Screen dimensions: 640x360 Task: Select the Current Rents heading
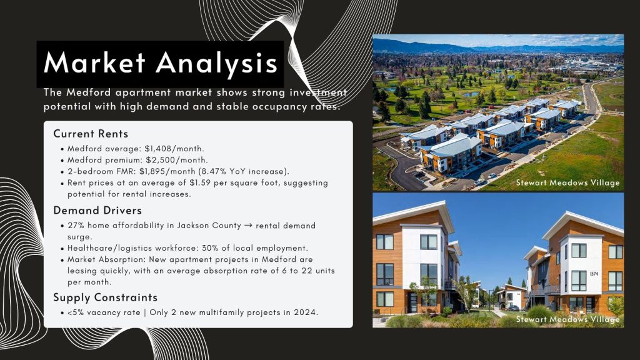91,134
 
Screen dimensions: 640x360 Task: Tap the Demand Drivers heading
97,211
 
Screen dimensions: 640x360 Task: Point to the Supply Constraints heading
105,297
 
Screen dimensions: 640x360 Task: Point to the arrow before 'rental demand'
248,225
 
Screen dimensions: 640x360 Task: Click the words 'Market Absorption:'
106,259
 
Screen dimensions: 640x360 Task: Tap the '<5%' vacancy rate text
76,312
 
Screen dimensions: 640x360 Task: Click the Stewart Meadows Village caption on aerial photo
567,183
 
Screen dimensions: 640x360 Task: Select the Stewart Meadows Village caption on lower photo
567,319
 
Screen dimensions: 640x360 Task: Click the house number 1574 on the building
594,274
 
